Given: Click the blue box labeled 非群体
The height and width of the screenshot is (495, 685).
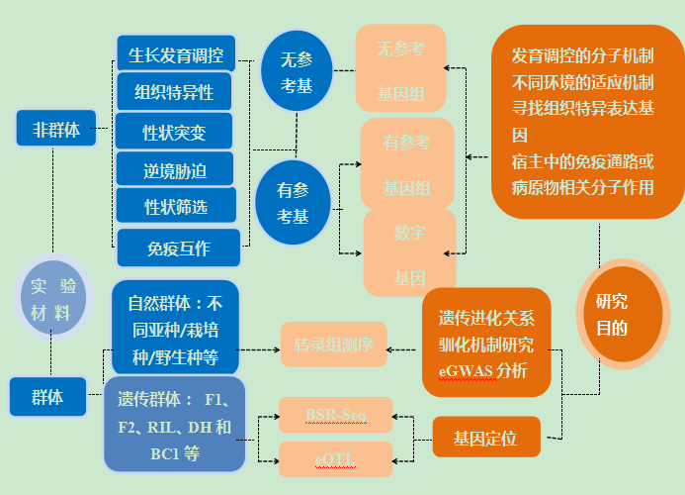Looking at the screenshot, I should coord(56,129).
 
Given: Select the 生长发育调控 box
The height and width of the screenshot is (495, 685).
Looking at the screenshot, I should coord(176,53).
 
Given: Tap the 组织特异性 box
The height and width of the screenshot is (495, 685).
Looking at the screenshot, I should coord(177,92).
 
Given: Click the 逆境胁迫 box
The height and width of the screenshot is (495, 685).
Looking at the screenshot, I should coord(175,169).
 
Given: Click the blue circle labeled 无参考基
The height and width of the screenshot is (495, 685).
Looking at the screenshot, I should coord(294,69).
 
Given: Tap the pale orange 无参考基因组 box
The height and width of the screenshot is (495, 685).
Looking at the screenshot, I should coord(400,70).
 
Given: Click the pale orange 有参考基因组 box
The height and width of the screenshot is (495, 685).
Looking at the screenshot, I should coord(406,163).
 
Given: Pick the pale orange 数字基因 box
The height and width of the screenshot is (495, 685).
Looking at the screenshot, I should coord(409,253).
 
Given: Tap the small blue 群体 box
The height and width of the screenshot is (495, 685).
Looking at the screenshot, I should coord(46,396).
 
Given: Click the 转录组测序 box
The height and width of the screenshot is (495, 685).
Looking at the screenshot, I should coord(333,345).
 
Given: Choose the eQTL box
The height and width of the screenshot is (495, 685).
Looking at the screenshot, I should coord(335,458).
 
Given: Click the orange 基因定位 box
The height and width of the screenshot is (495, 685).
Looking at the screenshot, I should coord(486,437).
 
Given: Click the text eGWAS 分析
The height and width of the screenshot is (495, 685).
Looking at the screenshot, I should coord(483,371).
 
